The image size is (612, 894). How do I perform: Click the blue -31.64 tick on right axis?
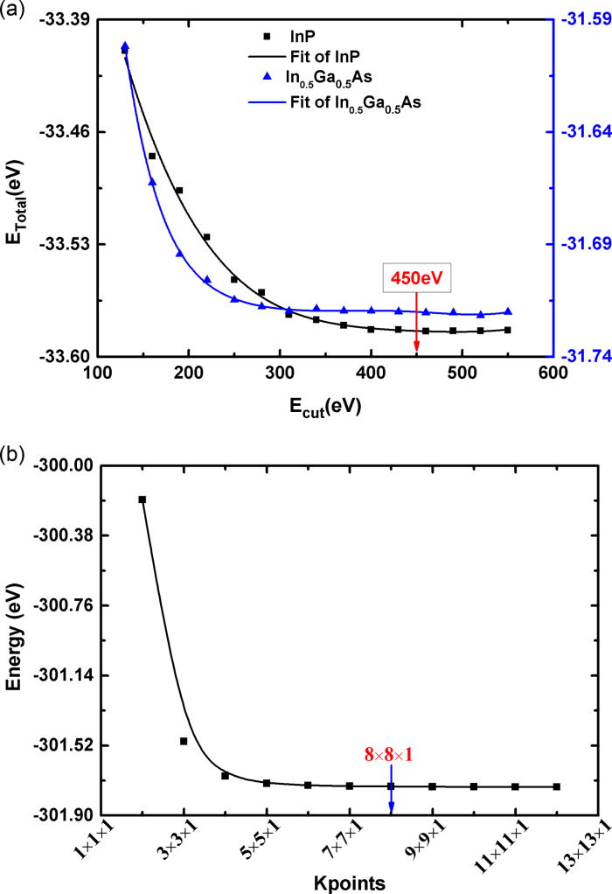click(582, 132)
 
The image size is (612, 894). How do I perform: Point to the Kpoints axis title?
click(347, 879)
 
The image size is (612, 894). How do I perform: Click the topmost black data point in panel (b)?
click(143, 499)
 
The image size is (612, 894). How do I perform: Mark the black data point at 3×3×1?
click(184, 741)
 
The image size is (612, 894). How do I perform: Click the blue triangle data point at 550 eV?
click(508, 311)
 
